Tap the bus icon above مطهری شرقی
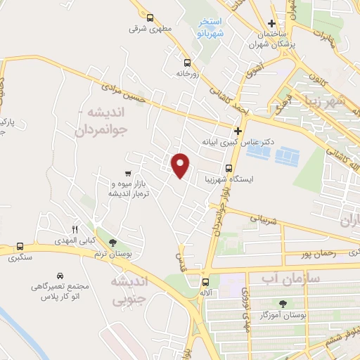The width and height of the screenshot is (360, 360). pos(149,18)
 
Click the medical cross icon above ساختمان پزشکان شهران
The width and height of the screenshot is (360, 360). pos(271,23)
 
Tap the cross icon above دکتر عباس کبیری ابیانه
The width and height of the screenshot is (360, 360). pos(238,130)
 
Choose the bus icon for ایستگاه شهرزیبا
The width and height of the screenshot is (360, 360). pos(229,168)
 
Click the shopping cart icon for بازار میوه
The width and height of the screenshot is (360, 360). pos(127,173)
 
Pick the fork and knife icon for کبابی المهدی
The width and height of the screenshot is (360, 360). pos(75,229)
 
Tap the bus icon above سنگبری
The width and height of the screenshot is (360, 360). pos(19,247)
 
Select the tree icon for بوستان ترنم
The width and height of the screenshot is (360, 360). pos(114,243)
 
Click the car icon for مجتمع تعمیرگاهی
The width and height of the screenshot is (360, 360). pos(59,275)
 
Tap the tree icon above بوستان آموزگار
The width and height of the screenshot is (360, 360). pos(283,304)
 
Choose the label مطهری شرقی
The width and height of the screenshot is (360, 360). pos(146,30)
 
